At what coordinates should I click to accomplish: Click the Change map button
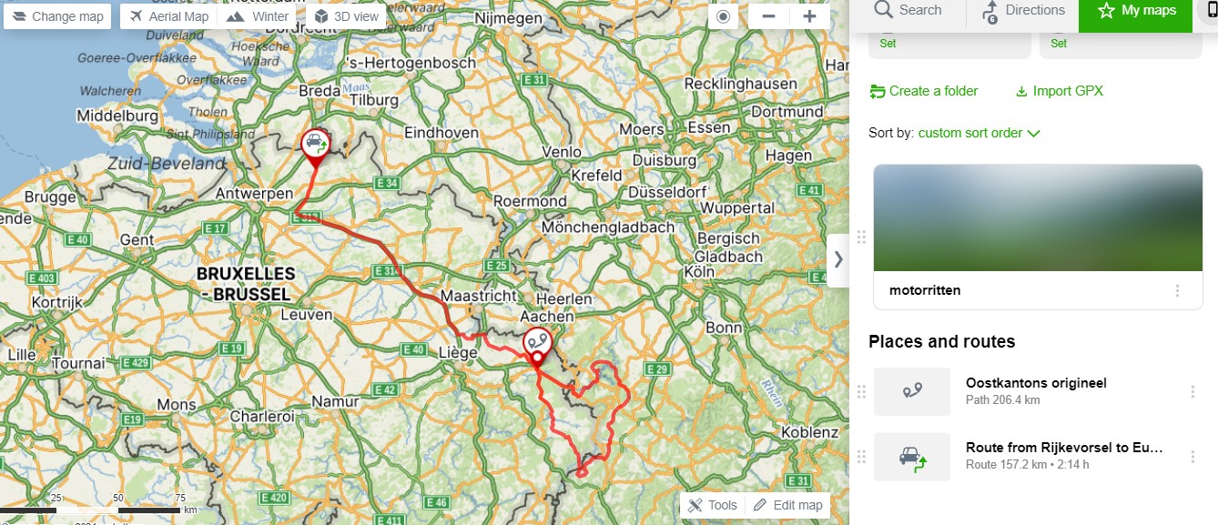click(58, 16)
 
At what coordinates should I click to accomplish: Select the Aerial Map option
click(169, 16)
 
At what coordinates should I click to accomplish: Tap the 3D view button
click(345, 16)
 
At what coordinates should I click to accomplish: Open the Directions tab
click(1022, 11)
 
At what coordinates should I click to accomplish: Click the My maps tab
click(1136, 11)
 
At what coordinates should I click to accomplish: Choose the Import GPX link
click(1059, 91)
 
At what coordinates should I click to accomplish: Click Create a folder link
click(924, 91)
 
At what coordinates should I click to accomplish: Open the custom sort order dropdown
click(979, 133)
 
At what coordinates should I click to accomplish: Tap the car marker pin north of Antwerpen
click(315, 145)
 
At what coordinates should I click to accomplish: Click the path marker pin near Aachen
click(537, 343)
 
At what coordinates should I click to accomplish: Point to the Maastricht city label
click(478, 296)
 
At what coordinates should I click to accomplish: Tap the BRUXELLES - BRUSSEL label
click(246, 284)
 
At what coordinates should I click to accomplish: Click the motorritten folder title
click(925, 290)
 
